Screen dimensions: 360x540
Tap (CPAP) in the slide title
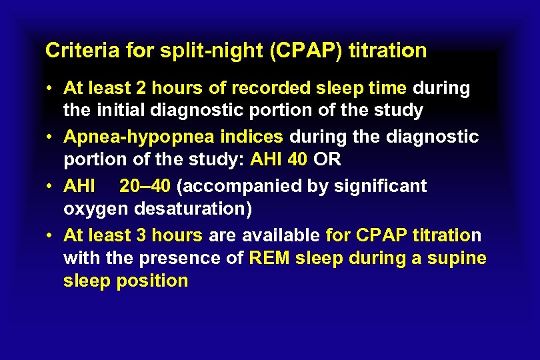coord(306,50)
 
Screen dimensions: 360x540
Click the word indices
coord(252,137)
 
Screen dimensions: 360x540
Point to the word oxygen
coord(96,209)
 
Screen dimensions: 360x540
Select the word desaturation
coord(193,208)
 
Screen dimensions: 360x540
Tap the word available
coord(282,235)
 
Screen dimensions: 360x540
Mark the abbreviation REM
coord(268,258)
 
